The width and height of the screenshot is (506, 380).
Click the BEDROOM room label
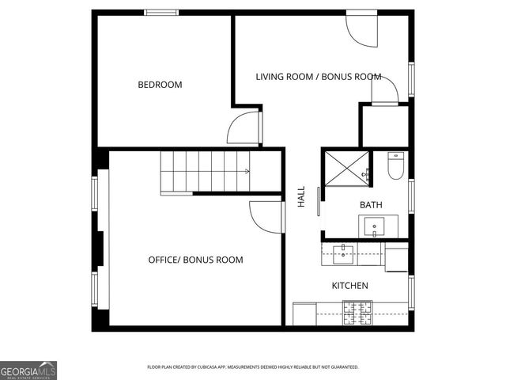(x=160, y=85)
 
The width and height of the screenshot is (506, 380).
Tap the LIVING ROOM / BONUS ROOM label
(x=318, y=77)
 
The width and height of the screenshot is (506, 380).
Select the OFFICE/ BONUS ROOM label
(x=195, y=260)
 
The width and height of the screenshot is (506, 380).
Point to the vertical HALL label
(x=301, y=198)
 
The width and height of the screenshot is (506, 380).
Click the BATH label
(x=371, y=205)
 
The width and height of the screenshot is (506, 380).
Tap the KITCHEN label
(x=349, y=285)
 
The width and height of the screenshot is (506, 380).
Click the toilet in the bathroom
(x=396, y=165)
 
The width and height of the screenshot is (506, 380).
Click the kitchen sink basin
(x=343, y=254)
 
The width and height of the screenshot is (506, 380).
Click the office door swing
(x=266, y=217)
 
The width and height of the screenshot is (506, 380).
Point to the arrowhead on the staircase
(x=248, y=171)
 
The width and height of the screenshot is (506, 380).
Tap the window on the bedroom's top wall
(x=161, y=12)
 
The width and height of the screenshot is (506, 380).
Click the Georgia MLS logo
(x=28, y=370)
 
